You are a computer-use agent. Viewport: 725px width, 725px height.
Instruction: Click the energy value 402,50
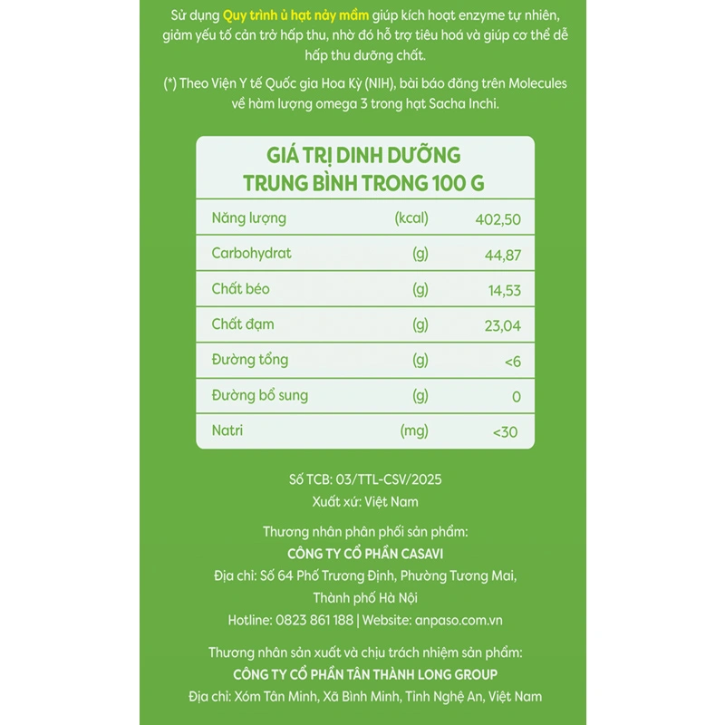[498, 219]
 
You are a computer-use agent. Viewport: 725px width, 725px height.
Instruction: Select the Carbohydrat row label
[251, 254]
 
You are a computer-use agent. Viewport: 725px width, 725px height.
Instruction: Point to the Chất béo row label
[240, 289]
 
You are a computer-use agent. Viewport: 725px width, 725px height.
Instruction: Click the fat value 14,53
[503, 290]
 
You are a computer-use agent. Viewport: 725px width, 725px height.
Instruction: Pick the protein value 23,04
[502, 325]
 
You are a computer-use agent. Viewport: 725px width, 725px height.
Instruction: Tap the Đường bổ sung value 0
[516, 396]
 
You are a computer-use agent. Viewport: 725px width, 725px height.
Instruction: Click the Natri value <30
[505, 432]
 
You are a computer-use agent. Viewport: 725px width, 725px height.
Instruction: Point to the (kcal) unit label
[411, 218]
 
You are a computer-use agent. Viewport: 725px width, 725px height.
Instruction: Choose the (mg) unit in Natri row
[413, 431]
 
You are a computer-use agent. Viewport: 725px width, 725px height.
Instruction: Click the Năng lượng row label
[248, 218]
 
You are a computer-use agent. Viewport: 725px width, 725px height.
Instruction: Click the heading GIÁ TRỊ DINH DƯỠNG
[363, 154]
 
